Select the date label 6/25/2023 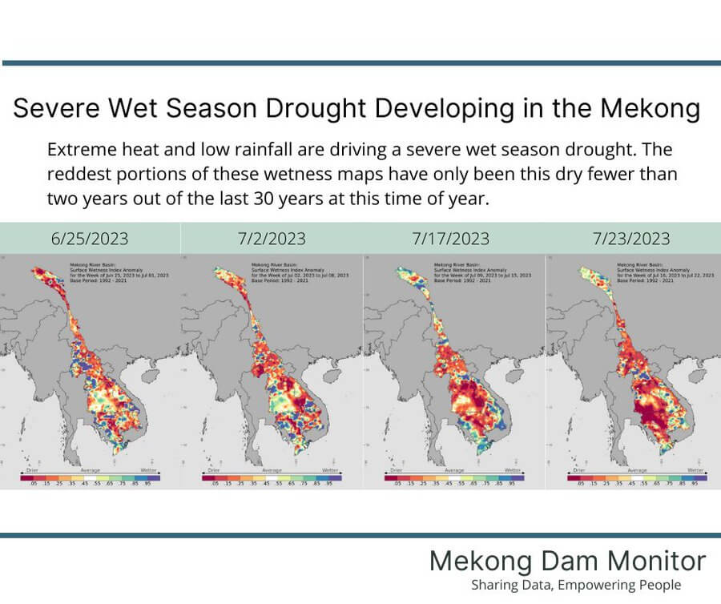tap(91, 239)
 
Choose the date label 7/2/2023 tap(272, 239)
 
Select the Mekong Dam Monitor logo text tap(567, 561)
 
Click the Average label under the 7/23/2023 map tap(637, 470)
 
